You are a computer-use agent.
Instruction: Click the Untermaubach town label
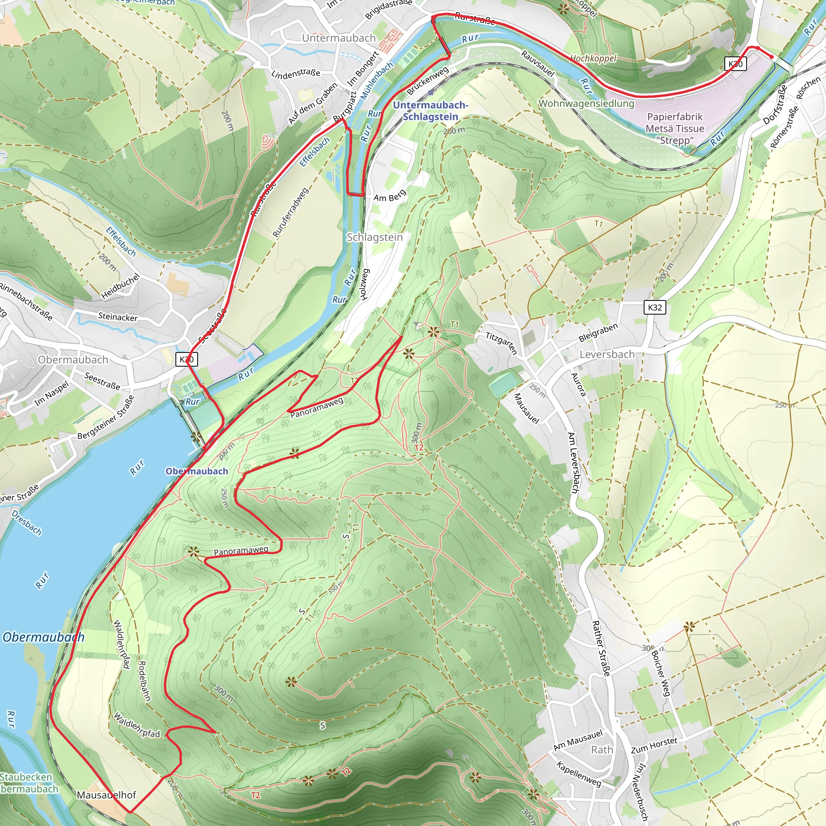coord(339,38)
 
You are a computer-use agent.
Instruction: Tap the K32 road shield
coord(655,307)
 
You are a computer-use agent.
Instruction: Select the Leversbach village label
coord(607,355)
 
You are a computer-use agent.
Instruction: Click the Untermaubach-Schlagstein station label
coord(430,111)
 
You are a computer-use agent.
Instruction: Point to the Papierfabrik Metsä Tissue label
coord(675,128)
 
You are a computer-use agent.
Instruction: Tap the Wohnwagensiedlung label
coord(586,104)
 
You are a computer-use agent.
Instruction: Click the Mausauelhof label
coord(106,795)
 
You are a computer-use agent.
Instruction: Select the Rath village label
coord(602,750)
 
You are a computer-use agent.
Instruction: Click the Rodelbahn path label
coord(144,681)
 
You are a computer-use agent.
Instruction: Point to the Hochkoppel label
coord(593,58)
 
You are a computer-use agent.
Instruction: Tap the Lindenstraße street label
coord(295,73)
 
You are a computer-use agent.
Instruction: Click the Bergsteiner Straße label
coord(106,417)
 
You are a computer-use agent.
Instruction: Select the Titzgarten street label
coord(501,343)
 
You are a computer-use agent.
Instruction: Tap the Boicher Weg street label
coord(661,674)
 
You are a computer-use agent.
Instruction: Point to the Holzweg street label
coord(364,284)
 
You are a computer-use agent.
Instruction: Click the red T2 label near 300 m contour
coord(419,447)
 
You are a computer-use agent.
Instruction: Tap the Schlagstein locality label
coord(375,237)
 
